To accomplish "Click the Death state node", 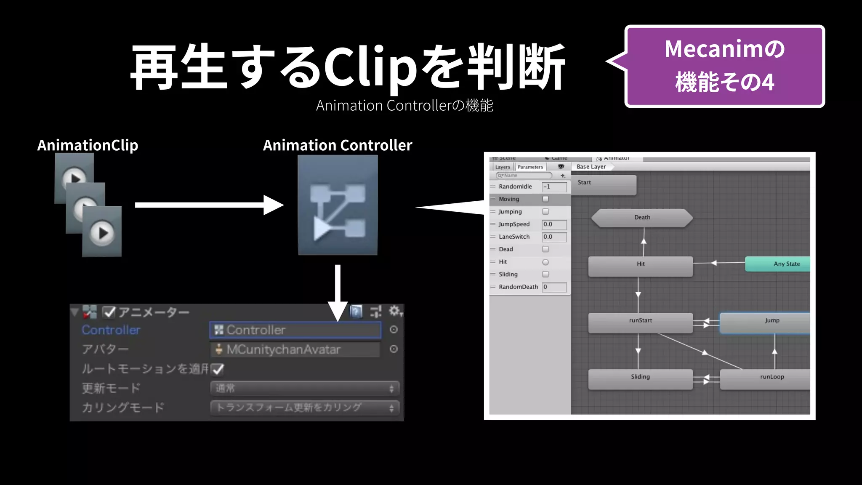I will click(x=642, y=218).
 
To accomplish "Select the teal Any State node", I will click(x=778, y=264).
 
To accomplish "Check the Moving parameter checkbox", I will click(x=545, y=199).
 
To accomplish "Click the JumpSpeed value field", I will click(x=554, y=224).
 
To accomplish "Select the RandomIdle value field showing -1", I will click(x=554, y=187).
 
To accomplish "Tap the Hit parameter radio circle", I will click(x=545, y=262).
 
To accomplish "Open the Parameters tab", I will click(x=530, y=167).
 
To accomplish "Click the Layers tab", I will click(x=503, y=167).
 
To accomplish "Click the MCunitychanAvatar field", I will click(x=295, y=349).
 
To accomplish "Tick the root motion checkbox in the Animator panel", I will click(x=218, y=369).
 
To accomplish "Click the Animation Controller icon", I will click(x=338, y=205).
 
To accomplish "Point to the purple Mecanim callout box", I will click(x=724, y=66).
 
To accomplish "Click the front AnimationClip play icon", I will click(x=102, y=232).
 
